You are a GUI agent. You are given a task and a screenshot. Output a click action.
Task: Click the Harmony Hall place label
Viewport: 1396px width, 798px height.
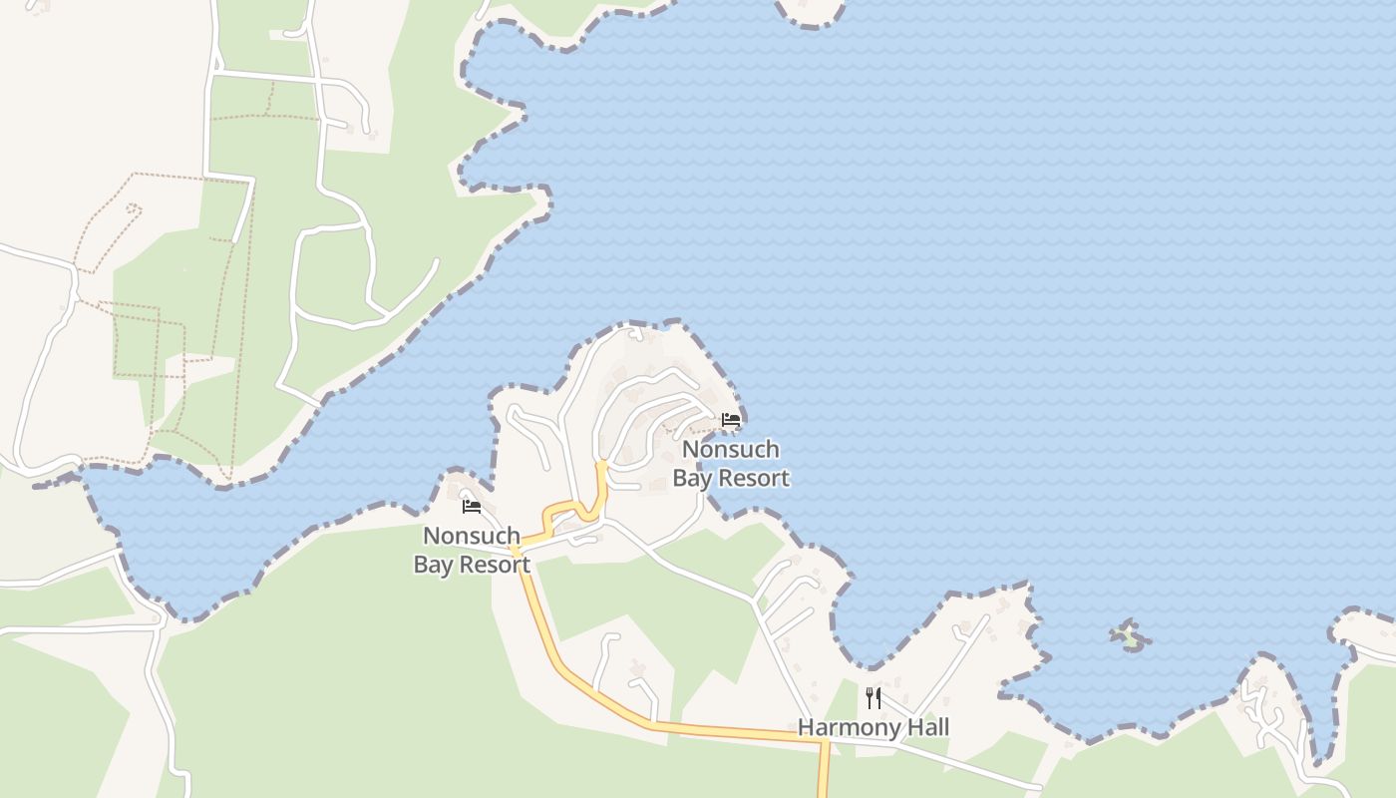click(x=873, y=727)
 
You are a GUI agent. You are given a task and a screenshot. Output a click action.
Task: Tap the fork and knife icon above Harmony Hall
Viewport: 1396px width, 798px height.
click(x=873, y=697)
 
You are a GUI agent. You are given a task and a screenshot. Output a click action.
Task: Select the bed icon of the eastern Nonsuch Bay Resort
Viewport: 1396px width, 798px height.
click(x=731, y=420)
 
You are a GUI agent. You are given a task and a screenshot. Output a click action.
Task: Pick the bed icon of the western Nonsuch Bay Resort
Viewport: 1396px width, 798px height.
click(x=472, y=507)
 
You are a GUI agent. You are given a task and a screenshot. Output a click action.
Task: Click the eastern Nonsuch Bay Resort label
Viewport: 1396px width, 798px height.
click(x=731, y=464)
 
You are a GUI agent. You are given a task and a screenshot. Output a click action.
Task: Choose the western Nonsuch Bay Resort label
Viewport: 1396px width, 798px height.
click(x=472, y=551)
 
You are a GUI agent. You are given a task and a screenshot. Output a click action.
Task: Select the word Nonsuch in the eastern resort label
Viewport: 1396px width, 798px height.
click(x=731, y=449)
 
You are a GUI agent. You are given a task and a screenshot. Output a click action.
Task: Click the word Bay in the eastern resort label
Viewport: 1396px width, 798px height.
click(x=692, y=479)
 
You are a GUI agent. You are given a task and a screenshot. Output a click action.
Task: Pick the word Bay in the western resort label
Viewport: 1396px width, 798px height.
click(x=433, y=565)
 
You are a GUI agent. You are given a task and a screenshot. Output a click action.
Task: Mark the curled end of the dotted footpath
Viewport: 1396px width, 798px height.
click(x=134, y=209)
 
